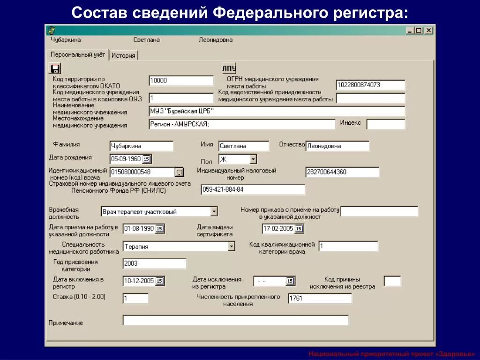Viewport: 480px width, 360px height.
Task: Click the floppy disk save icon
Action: [55, 68]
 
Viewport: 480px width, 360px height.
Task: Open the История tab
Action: [123, 55]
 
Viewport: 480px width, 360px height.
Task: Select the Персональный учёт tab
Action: [78, 54]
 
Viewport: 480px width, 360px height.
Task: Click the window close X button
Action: [428, 30]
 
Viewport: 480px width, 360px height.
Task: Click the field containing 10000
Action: [181, 81]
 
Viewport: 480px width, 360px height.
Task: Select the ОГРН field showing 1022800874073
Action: [370, 85]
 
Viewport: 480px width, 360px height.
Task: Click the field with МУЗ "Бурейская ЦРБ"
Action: [277, 111]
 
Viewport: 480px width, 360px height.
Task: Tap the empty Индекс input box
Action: [385, 124]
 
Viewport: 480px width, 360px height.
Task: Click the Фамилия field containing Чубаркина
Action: [141, 146]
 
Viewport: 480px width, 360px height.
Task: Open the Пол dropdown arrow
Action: [253, 159]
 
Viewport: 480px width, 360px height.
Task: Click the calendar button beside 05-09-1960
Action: [146, 159]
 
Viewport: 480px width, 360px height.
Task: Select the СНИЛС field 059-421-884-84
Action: [253, 189]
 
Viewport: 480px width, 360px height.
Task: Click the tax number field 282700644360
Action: [342, 172]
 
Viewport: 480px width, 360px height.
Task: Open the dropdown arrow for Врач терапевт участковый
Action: [214, 211]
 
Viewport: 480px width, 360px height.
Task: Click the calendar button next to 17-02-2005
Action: [299, 229]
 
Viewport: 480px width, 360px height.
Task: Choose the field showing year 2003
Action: [154, 263]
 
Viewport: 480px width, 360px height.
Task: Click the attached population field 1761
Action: [320, 298]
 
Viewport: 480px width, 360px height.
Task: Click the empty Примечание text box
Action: [235, 320]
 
